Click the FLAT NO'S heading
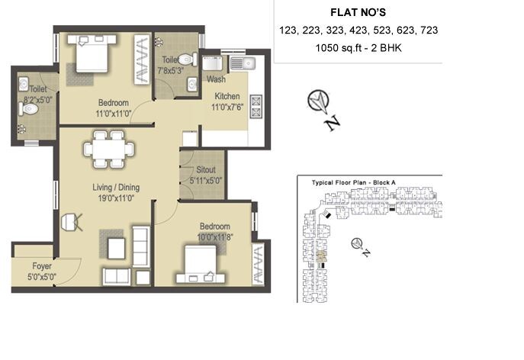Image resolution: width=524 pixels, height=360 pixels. (x=358, y=12)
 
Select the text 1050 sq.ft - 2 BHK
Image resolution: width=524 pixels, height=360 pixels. (x=358, y=49)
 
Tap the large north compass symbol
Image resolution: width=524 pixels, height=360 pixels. (x=318, y=101)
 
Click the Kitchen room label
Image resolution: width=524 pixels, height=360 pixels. (x=227, y=97)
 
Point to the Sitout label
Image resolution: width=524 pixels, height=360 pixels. (x=205, y=170)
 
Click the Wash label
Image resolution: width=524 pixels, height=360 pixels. (x=215, y=79)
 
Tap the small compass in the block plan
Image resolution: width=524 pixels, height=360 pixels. (x=355, y=243)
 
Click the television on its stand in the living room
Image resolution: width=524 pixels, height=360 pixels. (x=70, y=222)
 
